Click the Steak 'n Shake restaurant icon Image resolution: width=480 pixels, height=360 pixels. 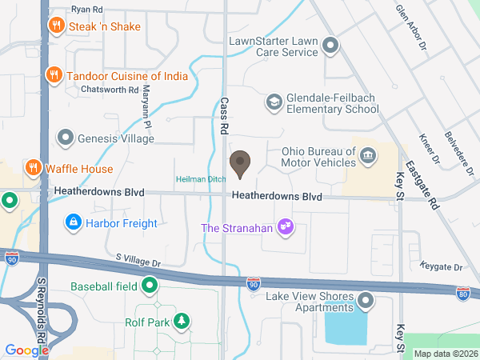(x=56, y=26)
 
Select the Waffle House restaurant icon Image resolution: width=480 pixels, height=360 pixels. (x=33, y=169)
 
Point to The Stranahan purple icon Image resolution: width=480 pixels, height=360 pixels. (x=284, y=228)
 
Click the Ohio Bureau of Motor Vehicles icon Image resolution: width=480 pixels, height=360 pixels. (x=368, y=154)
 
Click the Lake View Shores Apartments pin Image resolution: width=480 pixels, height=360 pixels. (x=366, y=302)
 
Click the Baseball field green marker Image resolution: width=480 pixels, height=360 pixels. (x=150, y=286)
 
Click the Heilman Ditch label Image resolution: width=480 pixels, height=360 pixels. (x=201, y=179)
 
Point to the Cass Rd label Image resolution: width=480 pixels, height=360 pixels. (x=225, y=117)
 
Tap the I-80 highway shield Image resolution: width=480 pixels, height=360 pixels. (x=462, y=294)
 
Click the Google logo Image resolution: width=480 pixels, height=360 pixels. (x=27, y=350)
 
